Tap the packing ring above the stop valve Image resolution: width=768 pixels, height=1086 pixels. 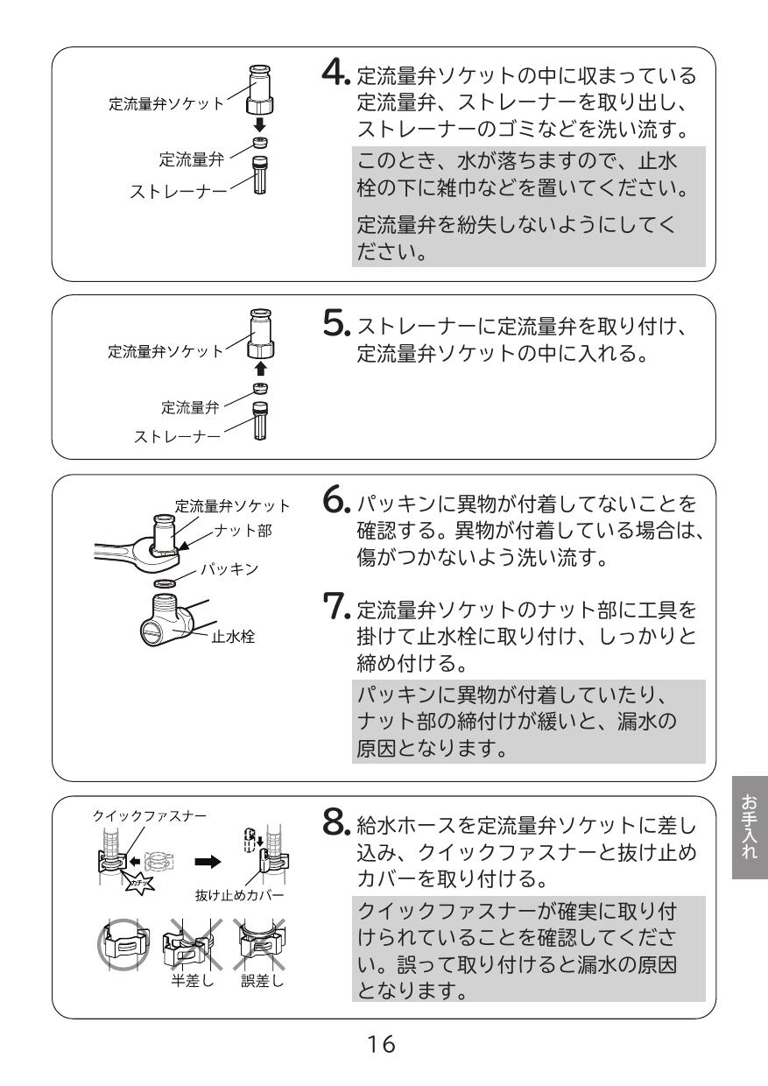click(x=167, y=584)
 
